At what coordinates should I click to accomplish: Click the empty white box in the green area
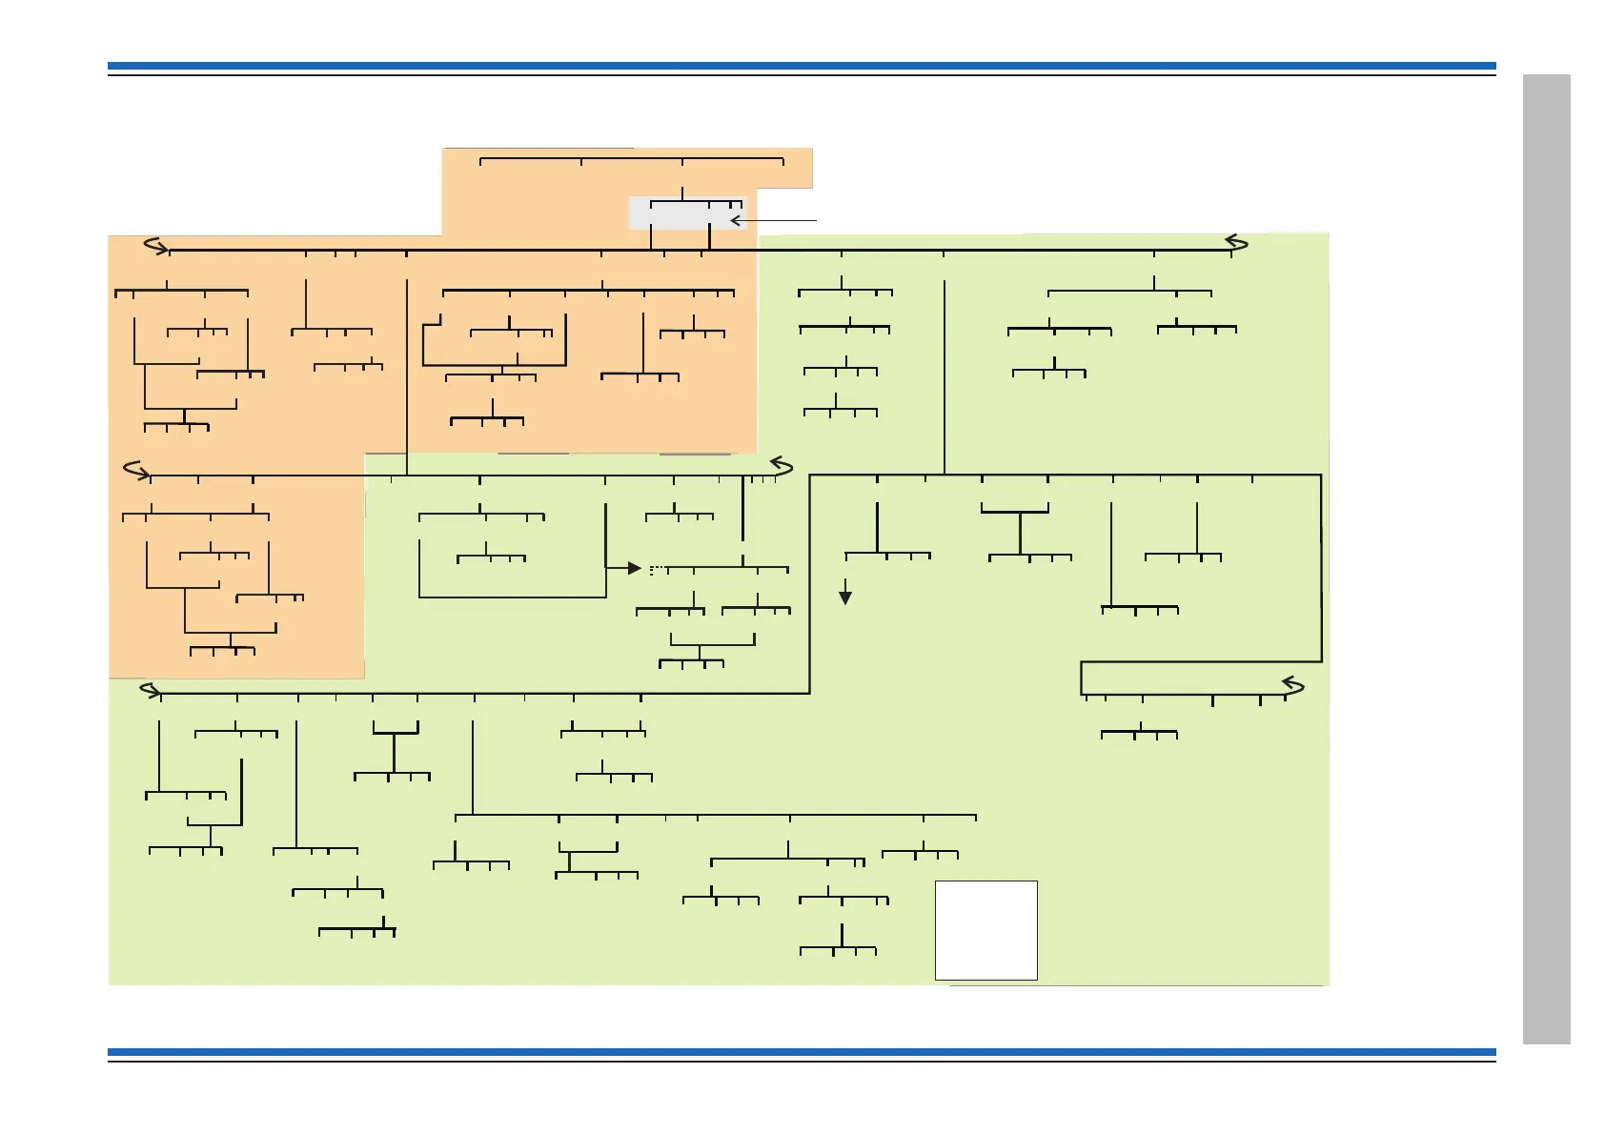(985, 930)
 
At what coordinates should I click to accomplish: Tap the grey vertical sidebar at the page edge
(1546, 558)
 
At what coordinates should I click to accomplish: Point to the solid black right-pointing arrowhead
(634, 569)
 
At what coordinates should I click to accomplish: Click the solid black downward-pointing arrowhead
(844, 597)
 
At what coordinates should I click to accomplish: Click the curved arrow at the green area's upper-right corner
(1237, 242)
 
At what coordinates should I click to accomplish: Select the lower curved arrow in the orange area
(137, 470)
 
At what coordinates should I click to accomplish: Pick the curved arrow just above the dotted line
(782, 466)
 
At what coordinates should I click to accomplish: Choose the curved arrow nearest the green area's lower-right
(1292, 684)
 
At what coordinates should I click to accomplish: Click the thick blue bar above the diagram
(801, 67)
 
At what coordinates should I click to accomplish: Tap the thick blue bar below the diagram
(801, 1052)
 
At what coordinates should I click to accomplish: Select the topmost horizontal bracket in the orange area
(631, 159)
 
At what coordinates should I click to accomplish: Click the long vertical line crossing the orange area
(407, 376)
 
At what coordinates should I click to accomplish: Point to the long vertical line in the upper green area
(945, 376)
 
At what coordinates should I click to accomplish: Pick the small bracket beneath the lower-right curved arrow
(1139, 734)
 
